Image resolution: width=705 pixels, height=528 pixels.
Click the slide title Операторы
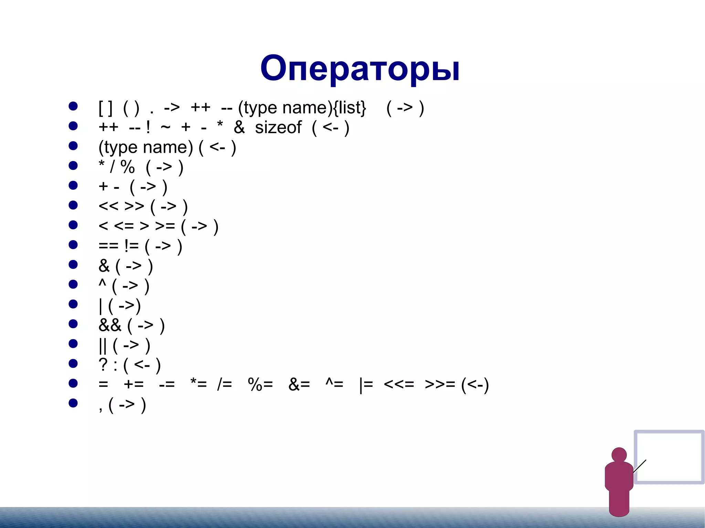(360, 69)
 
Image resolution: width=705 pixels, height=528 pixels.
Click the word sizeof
(278, 128)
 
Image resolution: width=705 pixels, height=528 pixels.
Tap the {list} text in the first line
(349, 108)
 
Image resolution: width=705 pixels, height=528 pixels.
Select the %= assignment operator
(260, 384)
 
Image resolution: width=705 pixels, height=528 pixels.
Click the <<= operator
(399, 384)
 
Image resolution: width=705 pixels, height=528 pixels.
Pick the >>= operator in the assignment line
(440, 384)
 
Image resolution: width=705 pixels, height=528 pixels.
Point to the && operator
(110, 325)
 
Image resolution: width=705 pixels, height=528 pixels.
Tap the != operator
(131, 246)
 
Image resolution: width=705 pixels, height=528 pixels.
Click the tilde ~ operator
(166, 127)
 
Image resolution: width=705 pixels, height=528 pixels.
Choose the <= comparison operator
(124, 226)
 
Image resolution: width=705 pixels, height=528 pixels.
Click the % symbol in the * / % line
(127, 167)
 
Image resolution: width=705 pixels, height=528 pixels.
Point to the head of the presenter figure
(619, 455)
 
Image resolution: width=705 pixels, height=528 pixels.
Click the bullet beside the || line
(73, 344)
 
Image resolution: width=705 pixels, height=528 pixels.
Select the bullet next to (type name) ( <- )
(73, 146)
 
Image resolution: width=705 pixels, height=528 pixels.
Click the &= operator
(299, 384)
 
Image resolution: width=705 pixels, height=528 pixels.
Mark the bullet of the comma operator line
(73, 403)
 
